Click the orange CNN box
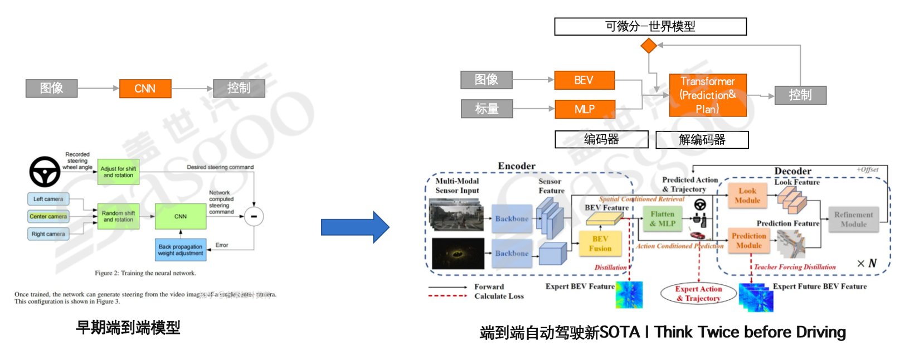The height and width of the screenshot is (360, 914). coord(145,89)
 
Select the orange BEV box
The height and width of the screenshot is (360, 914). coord(584,80)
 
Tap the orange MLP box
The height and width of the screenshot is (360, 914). coord(585,109)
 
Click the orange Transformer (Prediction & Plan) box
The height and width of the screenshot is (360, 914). coord(707,95)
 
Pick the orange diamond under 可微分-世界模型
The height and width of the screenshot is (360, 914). coord(648,46)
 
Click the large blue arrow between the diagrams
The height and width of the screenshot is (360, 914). coord(354,227)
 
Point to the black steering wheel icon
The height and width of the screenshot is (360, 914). coord(45,172)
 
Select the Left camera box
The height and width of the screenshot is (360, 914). coord(48,199)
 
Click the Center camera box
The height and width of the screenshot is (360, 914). coord(48,216)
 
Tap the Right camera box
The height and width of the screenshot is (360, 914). coord(48,234)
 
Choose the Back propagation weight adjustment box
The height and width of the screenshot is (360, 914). coord(180,250)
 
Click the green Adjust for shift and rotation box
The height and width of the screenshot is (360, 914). coord(118,172)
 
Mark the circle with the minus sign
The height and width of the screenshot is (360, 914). coord(254,216)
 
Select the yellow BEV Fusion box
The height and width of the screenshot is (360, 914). coord(600,244)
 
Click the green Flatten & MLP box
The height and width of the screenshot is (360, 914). coord(662,219)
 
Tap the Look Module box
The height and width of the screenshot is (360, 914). coord(747,196)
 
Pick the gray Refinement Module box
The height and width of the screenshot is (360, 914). coord(853,220)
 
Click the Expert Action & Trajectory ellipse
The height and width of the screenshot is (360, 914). coord(698,294)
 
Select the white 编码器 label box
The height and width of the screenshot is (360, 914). coord(601,139)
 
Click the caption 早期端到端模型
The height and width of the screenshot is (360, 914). coord(128,328)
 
